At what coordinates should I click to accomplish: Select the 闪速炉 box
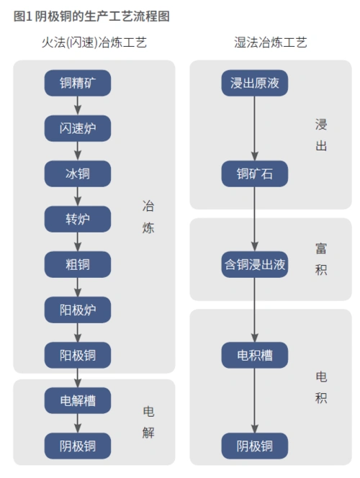click(x=78, y=129)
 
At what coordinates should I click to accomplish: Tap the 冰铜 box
click(x=78, y=173)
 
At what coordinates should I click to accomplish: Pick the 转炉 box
click(x=78, y=219)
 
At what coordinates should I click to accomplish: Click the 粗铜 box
click(x=78, y=264)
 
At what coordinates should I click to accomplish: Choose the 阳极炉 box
click(x=78, y=310)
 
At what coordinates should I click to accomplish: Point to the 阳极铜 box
click(x=78, y=354)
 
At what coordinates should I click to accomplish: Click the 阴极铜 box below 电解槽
click(x=78, y=446)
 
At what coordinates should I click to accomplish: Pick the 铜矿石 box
click(x=254, y=173)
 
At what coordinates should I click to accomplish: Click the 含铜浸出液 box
click(x=254, y=264)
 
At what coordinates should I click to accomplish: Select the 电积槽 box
click(x=254, y=354)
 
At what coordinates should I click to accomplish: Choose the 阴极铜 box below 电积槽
click(x=254, y=446)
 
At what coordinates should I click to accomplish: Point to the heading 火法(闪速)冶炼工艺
click(x=94, y=43)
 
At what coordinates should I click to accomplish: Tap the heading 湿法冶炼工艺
click(x=271, y=43)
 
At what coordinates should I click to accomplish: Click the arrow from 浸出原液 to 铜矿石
click(x=254, y=128)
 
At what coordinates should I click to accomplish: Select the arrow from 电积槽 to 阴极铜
click(x=254, y=400)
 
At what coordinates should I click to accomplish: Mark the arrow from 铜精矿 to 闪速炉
click(x=78, y=106)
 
